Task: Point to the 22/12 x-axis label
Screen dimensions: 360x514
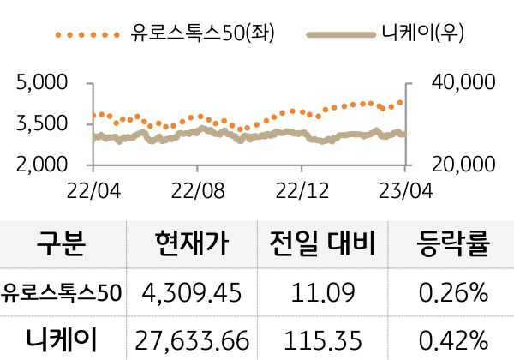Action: point(302,187)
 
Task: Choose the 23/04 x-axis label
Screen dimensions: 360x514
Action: point(405,187)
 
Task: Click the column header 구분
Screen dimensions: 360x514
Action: point(63,245)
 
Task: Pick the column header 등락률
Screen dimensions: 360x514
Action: point(451,245)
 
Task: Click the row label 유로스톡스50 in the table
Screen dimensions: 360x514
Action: point(63,293)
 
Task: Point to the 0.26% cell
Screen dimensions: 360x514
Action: point(451,293)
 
